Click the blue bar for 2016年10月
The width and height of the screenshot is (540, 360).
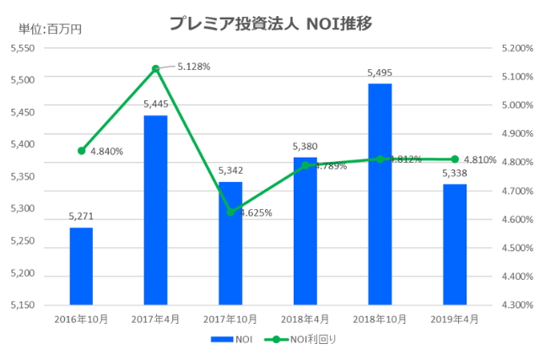tap(81, 266)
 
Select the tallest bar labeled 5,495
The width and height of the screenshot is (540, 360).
tap(380, 194)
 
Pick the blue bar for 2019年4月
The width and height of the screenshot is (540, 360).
tap(455, 244)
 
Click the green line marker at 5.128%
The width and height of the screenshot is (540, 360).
tap(155, 68)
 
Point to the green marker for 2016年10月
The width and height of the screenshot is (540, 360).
tap(81, 151)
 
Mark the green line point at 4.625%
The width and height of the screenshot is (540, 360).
tap(230, 212)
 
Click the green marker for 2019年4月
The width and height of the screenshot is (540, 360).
tap(455, 159)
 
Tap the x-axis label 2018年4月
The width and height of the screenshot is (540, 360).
tap(305, 320)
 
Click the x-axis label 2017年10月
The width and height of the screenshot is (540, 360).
tap(230, 320)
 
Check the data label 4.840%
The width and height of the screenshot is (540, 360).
tap(107, 152)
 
